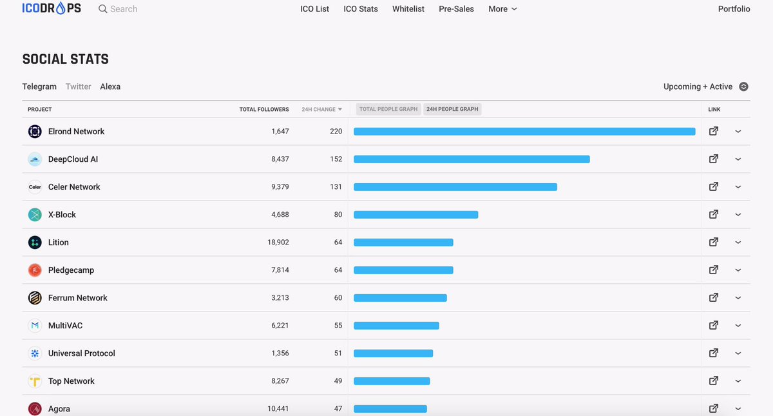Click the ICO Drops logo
click(x=52, y=8)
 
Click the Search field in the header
click(x=123, y=9)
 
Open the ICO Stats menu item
click(x=361, y=9)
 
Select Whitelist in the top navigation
click(x=408, y=9)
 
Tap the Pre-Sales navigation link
click(x=456, y=9)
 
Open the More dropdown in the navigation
click(x=502, y=9)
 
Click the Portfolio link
click(x=734, y=9)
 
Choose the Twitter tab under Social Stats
click(x=79, y=86)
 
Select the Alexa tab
click(x=110, y=86)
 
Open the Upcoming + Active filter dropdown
click(x=705, y=86)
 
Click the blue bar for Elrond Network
click(x=524, y=132)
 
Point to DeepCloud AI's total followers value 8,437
click(x=280, y=159)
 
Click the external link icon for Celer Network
click(x=714, y=187)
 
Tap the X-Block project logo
click(x=35, y=215)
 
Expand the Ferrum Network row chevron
click(x=738, y=298)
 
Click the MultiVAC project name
click(x=65, y=326)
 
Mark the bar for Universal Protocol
click(x=394, y=353)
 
